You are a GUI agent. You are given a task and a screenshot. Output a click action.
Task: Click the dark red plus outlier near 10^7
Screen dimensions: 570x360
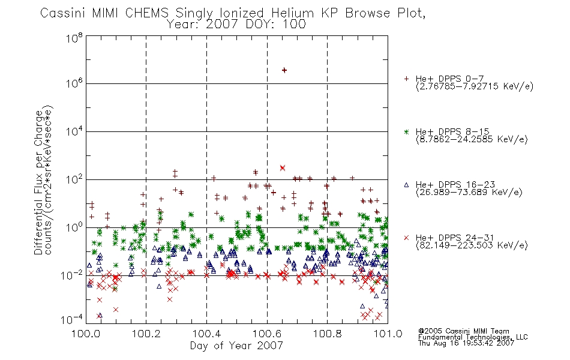click(284, 70)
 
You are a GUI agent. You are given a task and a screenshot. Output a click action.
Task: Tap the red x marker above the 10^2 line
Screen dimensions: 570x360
click(283, 167)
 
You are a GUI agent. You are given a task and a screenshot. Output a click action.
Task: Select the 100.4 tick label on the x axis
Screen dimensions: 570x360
click(206, 334)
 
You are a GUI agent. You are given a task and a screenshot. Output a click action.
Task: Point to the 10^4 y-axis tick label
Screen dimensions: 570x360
click(74, 131)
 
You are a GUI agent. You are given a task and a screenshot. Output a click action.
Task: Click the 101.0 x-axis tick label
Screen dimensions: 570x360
click(388, 334)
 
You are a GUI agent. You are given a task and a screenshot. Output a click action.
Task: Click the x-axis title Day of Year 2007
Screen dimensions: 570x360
click(236, 346)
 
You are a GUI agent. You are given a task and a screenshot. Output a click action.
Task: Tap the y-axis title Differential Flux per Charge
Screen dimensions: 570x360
click(38, 182)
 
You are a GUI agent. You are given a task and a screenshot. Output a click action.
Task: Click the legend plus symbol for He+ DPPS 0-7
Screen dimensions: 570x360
click(406, 79)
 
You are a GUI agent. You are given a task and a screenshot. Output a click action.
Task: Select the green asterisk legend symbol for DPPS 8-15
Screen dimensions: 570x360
click(406, 131)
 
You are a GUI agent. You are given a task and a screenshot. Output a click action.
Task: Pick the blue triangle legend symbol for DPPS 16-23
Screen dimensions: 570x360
click(406, 185)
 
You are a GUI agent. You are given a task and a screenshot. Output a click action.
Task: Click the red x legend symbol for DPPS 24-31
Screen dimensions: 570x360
click(406, 238)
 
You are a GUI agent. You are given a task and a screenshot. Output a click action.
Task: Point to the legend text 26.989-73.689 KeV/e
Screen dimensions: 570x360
click(469, 193)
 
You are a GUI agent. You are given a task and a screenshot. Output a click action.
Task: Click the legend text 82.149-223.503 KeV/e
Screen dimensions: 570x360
click(472, 245)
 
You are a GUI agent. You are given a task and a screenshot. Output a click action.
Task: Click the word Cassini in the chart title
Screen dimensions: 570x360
click(62, 13)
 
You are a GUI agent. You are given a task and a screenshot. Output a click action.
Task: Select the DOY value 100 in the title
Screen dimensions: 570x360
click(295, 25)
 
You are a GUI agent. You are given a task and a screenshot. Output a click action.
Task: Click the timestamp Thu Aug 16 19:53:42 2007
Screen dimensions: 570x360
click(466, 343)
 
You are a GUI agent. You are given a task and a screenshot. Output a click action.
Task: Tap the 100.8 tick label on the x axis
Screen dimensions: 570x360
click(327, 334)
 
